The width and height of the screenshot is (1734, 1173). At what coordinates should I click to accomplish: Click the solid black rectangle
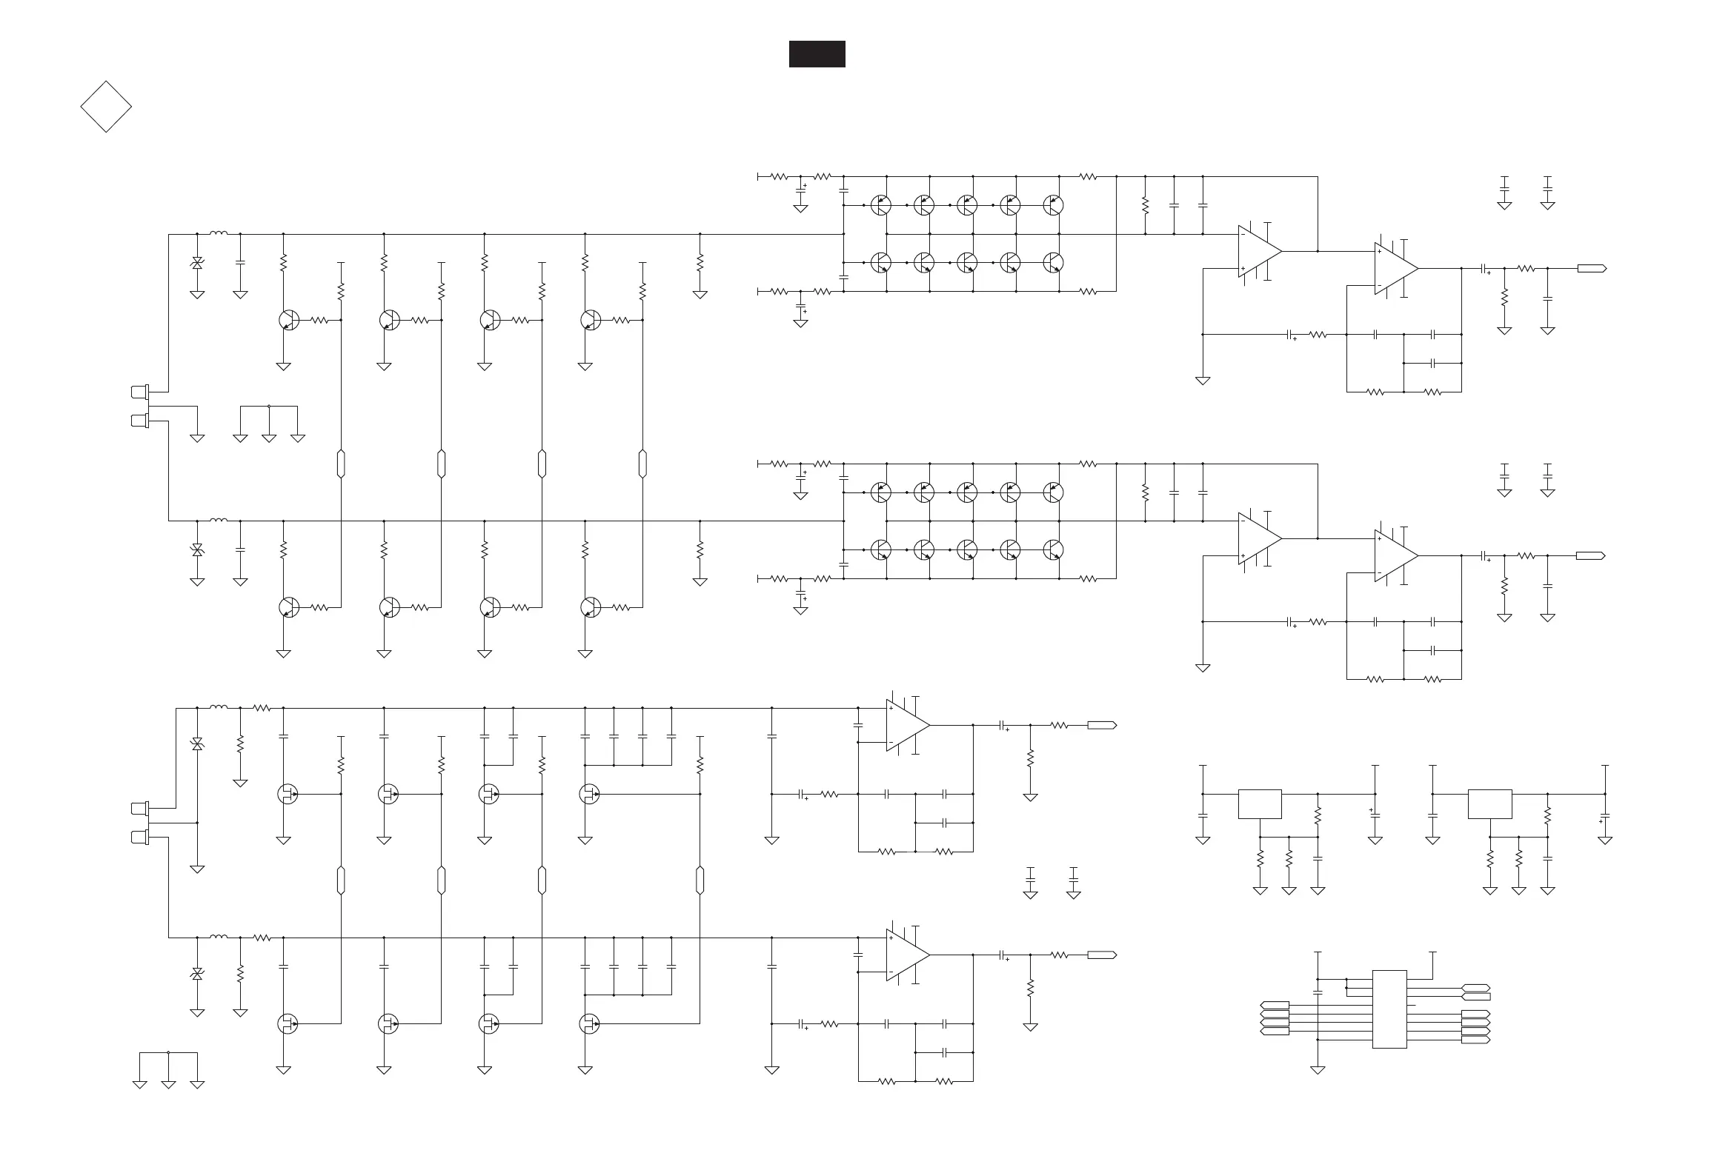(x=817, y=54)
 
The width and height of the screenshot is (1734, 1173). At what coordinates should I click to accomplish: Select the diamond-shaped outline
(x=106, y=107)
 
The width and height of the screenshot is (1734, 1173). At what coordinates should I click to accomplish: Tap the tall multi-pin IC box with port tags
(x=1389, y=1009)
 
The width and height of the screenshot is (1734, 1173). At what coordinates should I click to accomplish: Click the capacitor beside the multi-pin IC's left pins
(x=1318, y=992)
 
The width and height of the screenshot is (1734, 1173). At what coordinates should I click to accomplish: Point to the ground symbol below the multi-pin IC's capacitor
(x=1318, y=1070)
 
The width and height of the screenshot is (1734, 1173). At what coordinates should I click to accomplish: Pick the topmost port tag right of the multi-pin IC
(x=1475, y=988)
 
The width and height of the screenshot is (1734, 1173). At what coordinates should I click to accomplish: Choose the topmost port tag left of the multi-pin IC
(x=1275, y=1005)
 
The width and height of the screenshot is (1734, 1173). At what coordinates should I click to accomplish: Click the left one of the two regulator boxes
(x=1260, y=804)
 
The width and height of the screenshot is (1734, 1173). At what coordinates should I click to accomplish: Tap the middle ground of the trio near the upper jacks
(x=268, y=438)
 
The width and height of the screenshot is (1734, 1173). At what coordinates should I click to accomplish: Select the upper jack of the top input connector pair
(x=139, y=391)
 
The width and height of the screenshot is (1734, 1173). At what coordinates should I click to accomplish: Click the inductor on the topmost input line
(x=219, y=233)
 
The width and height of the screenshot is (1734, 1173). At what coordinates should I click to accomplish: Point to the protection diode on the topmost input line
(x=197, y=262)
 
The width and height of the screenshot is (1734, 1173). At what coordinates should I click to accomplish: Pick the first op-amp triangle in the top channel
(x=1259, y=251)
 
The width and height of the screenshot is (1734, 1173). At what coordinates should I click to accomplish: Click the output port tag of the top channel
(x=1592, y=269)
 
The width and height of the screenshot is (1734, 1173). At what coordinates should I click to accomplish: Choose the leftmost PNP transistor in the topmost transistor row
(x=881, y=205)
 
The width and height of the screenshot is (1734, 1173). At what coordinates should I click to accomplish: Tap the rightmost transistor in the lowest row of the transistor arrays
(x=1054, y=549)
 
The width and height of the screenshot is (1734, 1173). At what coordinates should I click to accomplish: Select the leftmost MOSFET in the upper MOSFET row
(x=288, y=794)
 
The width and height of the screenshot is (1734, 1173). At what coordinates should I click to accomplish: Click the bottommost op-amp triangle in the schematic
(x=907, y=955)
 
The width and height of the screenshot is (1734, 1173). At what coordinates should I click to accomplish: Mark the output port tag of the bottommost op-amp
(x=1102, y=955)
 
